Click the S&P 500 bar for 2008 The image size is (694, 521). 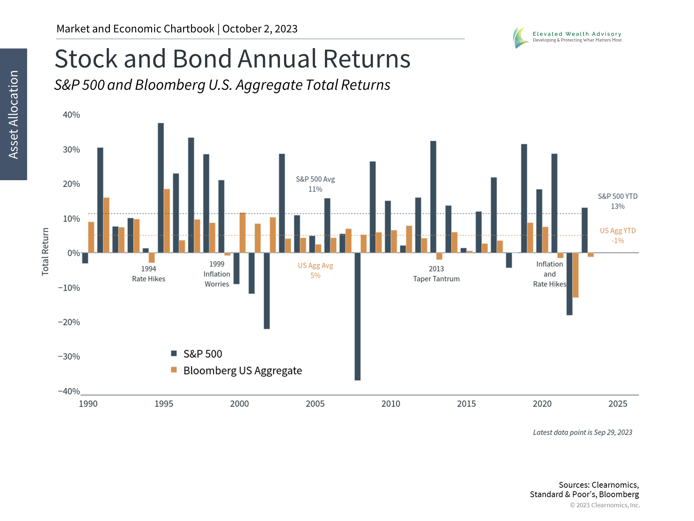point(357,316)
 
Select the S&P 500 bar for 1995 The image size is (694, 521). point(161,188)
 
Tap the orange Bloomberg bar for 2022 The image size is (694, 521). point(575,275)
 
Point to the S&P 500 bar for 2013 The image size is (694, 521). point(433,197)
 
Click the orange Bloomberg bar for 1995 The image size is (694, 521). point(167,221)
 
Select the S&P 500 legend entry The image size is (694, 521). point(197,354)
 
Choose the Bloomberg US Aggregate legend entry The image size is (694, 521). point(237,370)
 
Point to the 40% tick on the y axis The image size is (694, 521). point(71,115)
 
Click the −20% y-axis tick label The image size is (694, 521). point(69,322)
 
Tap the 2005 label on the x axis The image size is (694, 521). point(315,404)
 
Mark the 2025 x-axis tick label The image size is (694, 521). point(618,404)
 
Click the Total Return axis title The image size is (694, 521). point(45,252)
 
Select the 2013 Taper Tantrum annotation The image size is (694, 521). point(436,274)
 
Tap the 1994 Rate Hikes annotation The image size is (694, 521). point(149,274)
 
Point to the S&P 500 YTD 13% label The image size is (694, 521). point(618,201)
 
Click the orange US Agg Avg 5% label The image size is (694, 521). point(316,270)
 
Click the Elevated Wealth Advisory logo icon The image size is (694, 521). point(520,38)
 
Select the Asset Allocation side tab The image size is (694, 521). point(13,114)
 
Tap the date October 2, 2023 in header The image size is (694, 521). point(260,29)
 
